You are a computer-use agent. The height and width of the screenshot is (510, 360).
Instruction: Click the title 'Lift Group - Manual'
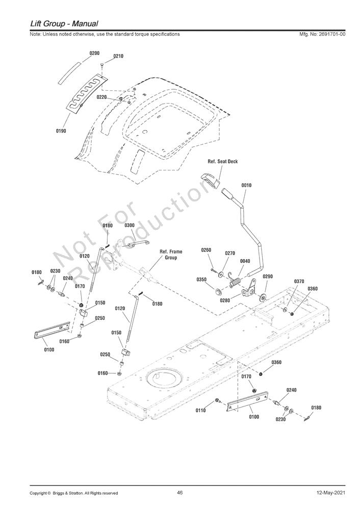(x=64, y=24)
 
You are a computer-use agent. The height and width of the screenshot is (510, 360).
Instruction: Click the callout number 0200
(x=94, y=53)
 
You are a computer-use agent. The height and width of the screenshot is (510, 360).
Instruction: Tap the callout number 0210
(x=118, y=56)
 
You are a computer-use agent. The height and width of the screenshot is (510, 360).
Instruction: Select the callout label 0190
(x=61, y=131)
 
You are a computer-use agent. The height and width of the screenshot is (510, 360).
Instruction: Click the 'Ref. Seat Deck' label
(x=222, y=161)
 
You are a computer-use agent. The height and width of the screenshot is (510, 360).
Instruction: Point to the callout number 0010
(x=246, y=185)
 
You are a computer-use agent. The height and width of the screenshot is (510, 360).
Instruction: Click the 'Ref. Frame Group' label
(x=171, y=254)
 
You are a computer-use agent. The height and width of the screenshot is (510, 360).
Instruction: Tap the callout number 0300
(x=130, y=225)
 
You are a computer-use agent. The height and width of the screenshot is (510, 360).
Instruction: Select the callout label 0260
(x=206, y=250)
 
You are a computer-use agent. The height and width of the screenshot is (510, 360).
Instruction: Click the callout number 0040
(x=245, y=261)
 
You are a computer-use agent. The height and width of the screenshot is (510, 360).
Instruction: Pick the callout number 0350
(x=201, y=279)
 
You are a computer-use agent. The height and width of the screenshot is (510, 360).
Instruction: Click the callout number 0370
(x=299, y=282)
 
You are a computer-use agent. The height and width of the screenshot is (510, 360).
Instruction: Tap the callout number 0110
(x=200, y=411)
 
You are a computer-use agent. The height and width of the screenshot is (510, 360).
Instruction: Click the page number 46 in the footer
(x=180, y=501)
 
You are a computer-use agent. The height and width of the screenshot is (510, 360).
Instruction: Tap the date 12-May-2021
(x=331, y=502)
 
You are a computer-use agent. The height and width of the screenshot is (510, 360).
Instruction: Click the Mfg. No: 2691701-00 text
(x=322, y=34)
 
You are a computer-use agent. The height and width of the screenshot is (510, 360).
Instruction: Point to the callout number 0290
(x=268, y=276)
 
